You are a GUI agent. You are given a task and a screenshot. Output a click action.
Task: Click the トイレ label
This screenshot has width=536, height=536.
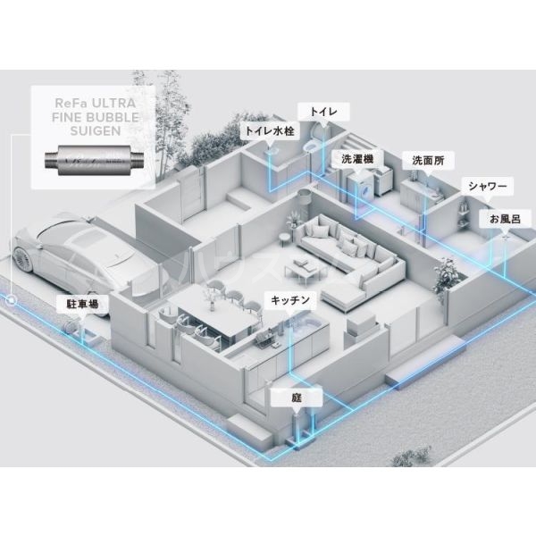323,112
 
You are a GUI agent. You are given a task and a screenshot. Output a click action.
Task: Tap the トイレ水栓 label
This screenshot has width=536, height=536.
270,130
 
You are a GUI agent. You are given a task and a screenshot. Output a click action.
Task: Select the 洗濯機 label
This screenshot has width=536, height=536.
357,159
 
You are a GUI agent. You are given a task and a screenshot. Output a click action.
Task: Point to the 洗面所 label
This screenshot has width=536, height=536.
428,160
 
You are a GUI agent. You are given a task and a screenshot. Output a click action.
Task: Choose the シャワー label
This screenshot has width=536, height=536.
487,187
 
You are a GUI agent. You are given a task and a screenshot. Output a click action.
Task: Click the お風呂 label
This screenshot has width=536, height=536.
506,219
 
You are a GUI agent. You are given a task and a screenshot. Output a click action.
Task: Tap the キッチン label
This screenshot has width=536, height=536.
290,300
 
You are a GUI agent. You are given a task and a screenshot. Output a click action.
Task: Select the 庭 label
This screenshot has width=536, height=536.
297,398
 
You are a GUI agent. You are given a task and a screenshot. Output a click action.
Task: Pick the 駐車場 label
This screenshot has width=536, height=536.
82,304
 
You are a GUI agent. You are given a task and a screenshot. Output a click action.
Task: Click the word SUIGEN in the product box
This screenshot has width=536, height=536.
96,131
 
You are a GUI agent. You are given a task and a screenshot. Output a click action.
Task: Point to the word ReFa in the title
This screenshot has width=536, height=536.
67,103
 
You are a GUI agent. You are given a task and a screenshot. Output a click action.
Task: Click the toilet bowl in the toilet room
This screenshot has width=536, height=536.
310,147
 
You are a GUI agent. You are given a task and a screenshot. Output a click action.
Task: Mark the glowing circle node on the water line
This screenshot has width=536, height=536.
13,300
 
